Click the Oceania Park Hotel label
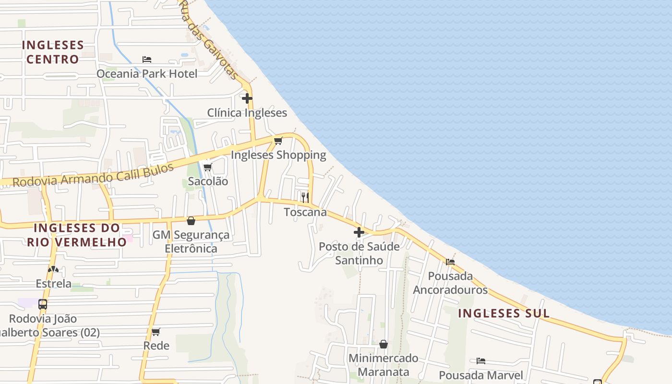[147, 73]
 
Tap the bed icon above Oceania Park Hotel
[147, 60]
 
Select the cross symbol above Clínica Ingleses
[247, 98]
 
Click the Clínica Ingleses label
[247, 113]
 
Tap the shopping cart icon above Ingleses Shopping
[278, 141]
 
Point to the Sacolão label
[208, 181]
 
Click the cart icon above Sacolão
[208, 167]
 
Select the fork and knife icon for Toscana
[305, 197]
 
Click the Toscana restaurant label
[305, 212]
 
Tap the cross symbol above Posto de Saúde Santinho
[359, 232]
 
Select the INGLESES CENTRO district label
[53, 52]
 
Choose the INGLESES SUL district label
[504, 313]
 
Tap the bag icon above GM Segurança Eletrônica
[191, 221]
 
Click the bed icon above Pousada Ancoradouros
[450, 262]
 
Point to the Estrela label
[54, 284]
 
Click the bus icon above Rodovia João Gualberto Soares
[43, 304]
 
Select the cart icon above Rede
[156, 332]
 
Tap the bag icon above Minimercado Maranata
[384, 344]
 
